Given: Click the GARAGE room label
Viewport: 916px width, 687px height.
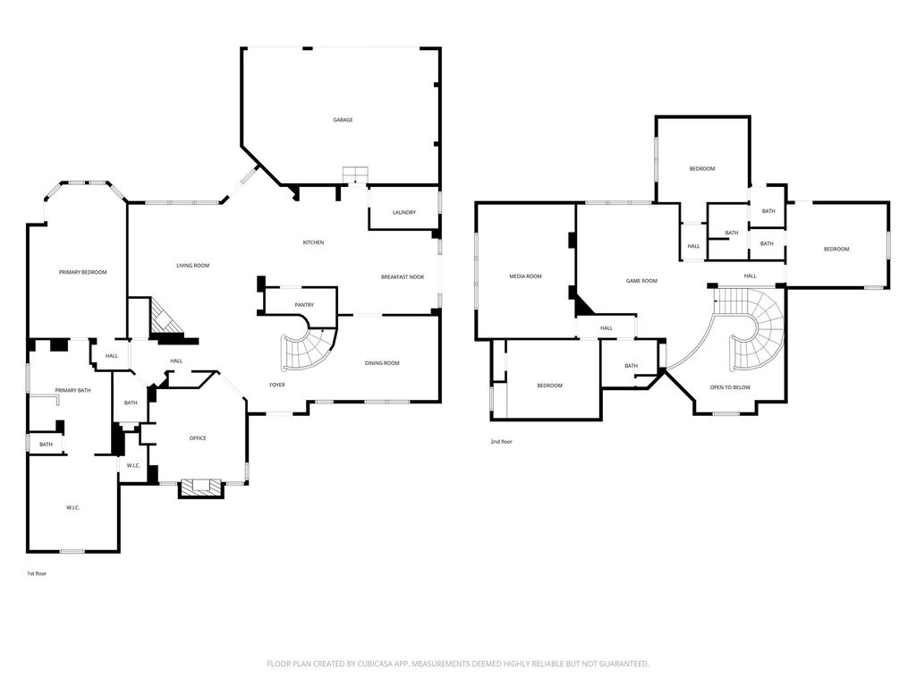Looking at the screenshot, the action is [x=343, y=120].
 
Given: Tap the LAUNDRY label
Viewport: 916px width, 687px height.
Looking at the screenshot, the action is [x=404, y=213].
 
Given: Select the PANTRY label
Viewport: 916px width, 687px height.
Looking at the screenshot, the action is [x=304, y=305].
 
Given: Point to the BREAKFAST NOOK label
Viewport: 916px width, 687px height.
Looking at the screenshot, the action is [x=403, y=277].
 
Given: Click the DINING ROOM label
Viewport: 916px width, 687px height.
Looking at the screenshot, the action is [x=382, y=363].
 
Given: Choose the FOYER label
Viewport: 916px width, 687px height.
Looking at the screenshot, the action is [x=277, y=385].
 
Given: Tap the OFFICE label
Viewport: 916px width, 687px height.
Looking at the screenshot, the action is [x=198, y=438].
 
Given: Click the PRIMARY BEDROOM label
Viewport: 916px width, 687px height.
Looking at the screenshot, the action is [x=83, y=272].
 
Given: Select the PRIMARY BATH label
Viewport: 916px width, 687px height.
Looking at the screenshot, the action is [x=73, y=390].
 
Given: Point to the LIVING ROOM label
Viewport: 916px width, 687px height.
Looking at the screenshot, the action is [x=193, y=266].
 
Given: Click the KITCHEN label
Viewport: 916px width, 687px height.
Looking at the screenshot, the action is [x=313, y=242].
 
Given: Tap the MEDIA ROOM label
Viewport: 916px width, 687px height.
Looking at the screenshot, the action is [x=526, y=276].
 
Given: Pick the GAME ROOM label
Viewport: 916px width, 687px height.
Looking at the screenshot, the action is [x=641, y=281].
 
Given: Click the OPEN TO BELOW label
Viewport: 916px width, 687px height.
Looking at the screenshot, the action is [x=730, y=387].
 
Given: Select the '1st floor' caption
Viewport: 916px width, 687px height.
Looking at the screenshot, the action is [x=37, y=573].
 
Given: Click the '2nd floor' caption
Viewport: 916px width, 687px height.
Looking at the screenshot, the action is [x=502, y=442].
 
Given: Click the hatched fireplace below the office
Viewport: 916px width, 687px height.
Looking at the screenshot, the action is [x=201, y=488].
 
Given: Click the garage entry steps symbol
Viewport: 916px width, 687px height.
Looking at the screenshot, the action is [x=355, y=174].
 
